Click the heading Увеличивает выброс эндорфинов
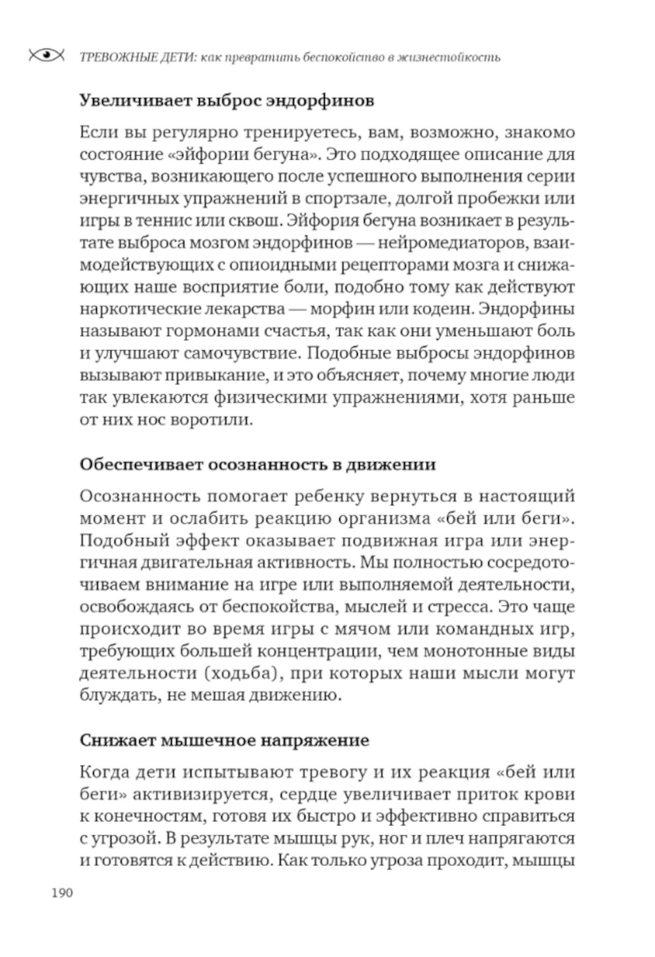pos(227,101)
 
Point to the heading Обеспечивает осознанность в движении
pos(257,465)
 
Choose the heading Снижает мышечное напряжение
pos(224,740)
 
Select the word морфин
pos(345,308)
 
